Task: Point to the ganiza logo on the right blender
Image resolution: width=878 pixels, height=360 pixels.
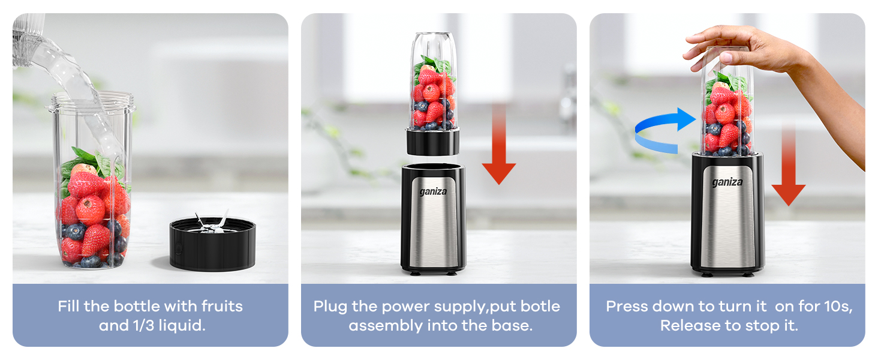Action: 727,182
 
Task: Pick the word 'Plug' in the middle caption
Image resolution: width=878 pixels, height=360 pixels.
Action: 330,307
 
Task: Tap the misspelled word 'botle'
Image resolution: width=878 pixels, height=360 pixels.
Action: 540,307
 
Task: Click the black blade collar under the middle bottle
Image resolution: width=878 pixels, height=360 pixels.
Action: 433,142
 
